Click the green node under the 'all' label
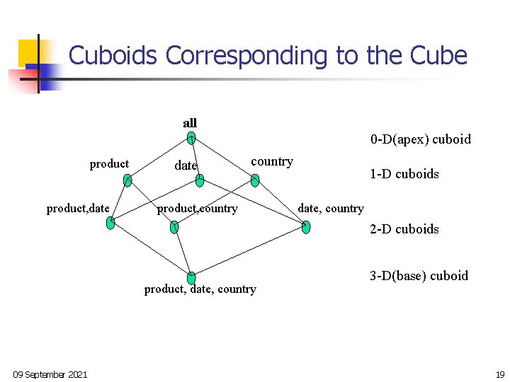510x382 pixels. (191, 138)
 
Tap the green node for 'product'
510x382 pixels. (127, 181)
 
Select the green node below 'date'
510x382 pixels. (200, 181)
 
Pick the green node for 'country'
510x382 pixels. (255, 180)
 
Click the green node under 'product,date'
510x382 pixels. (110, 224)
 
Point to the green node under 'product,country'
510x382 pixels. (175, 227)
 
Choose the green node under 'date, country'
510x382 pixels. (305, 227)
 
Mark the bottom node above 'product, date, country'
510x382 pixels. (191, 278)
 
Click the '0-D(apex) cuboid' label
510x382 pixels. (420, 139)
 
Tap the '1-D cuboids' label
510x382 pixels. (404, 174)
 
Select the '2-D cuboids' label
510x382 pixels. (404, 229)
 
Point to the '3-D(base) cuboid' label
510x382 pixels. (419, 276)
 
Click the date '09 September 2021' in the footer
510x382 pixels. (50, 374)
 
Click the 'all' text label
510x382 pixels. (190, 123)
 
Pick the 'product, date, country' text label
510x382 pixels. (200, 289)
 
